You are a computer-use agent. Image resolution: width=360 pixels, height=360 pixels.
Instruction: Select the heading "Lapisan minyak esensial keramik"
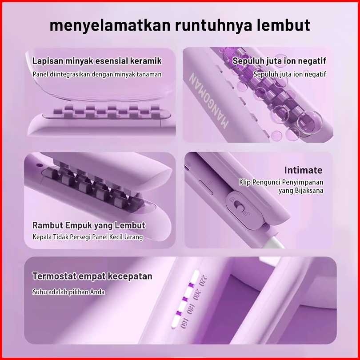pos(97,61)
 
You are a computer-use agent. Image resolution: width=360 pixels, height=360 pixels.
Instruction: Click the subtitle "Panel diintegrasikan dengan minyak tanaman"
pos(97,74)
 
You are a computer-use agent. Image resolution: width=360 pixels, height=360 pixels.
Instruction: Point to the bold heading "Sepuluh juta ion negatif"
pos(280,61)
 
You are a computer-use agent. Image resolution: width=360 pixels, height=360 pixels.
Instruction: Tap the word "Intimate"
pos(304,170)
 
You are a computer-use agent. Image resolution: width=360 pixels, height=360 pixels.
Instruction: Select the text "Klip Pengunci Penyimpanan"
pos(281,182)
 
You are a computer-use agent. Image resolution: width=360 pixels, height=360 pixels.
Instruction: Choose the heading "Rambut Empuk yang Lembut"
pos(89,225)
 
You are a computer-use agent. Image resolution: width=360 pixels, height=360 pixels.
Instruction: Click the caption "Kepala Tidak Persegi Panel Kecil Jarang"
pos(88,237)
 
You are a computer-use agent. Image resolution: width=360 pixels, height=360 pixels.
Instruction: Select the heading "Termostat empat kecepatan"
pos(92,276)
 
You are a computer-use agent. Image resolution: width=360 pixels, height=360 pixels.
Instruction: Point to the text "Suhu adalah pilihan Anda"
pos(68,292)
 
